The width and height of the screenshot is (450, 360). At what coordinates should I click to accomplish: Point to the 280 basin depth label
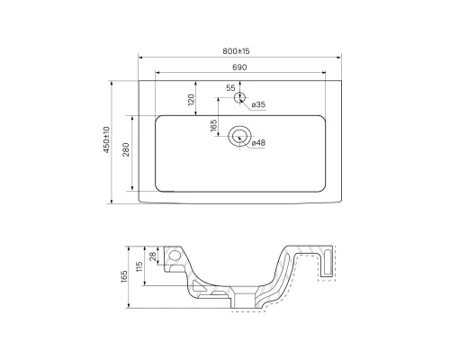tap(126, 152)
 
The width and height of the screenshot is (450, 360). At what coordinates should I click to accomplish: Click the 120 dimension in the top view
tap(191, 99)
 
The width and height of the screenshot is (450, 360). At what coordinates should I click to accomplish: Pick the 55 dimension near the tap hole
tap(231, 87)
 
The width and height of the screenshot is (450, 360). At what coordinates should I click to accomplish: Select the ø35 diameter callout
tap(258, 105)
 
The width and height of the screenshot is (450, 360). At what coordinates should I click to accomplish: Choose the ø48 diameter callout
tap(258, 142)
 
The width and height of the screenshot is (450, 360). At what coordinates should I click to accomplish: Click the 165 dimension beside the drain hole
tap(214, 126)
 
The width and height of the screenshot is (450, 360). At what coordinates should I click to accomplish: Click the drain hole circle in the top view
tap(239, 136)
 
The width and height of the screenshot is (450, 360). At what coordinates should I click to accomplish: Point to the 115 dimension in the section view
tap(139, 267)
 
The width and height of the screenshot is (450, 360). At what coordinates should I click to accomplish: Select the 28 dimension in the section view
tap(154, 258)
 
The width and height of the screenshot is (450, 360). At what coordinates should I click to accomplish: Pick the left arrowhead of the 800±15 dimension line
tap(140, 57)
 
